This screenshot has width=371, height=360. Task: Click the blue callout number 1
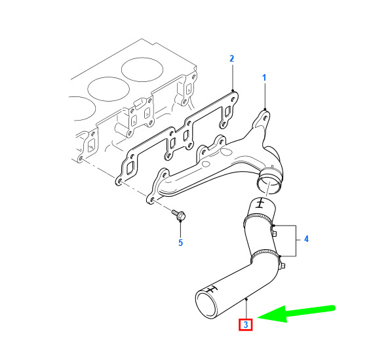tap(264, 77)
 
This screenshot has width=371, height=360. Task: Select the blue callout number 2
tap(232, 59)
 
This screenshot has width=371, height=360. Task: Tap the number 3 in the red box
tap(246, 325)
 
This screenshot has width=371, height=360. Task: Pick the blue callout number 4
tap(306, 239)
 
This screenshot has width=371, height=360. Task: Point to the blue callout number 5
tap(180, 243)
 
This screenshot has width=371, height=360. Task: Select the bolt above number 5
tap(180, 214)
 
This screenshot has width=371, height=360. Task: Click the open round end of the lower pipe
tap(206, 305)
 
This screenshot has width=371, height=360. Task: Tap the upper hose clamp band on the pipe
tap(258, 219)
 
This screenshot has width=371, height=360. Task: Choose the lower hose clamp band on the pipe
tap(265, 256)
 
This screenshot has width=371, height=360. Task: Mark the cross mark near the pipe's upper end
tap(260, 203)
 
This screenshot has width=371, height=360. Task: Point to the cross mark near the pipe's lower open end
tap(211, 290)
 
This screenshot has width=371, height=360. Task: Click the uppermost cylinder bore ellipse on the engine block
tap(142, 70)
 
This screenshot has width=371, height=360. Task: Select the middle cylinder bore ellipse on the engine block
tap(108, 89)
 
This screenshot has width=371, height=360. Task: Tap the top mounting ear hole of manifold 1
tap(265, 118)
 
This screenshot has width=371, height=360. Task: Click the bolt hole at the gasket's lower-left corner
tap(120, 182)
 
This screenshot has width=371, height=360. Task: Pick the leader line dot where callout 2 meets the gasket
tap(233, 90)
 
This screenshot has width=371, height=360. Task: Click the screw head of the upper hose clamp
tap(274, 233)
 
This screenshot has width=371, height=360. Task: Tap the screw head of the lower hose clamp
tap(282, 265)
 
